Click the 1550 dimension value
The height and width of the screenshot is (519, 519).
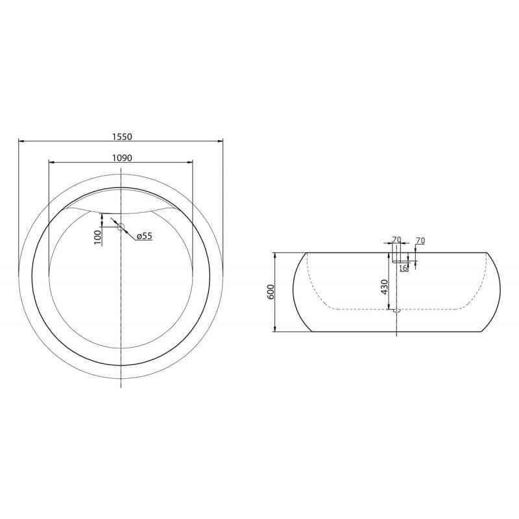[122, 136]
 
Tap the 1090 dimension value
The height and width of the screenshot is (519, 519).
[122, 158]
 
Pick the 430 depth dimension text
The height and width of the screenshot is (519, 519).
[385, 286]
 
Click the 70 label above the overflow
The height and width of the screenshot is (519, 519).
[396, 240]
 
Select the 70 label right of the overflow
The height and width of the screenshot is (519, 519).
[420, 241]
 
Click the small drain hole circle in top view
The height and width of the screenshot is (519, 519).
[121, 226]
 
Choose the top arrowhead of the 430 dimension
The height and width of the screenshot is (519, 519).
[390, 255]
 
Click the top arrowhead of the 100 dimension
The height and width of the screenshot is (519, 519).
[103, 217]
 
